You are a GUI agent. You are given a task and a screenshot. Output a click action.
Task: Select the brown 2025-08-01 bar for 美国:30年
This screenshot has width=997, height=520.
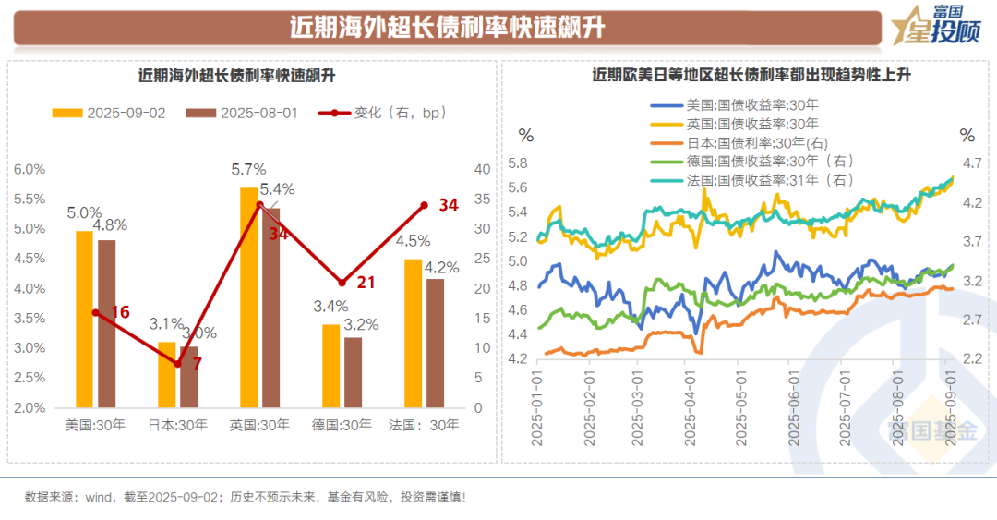pyautogui.click(x=107, y=323)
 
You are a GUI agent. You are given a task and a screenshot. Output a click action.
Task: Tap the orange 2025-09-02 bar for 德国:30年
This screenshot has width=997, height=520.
pyautogui.click(x=330, y=366)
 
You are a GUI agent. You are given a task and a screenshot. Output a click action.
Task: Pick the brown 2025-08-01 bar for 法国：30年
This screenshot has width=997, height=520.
pyautogui.click(x=435, y=343)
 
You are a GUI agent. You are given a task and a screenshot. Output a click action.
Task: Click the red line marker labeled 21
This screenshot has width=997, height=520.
pyautogui.click(x=342, y=282)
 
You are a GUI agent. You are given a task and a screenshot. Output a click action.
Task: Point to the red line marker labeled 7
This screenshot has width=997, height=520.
pyautogui.click(x=177, y=364)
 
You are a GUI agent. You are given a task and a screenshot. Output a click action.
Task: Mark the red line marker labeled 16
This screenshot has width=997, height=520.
pyautogui.click(x=95, y=312)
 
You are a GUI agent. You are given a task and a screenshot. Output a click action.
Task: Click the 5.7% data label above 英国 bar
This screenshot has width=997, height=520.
pyautogui.click(x=248, y=170)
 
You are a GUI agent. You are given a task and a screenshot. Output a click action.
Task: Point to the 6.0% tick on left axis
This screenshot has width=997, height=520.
pyautogui.click(x=30, y=169)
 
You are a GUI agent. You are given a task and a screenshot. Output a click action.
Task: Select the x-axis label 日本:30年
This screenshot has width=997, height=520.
pyautogui.click(x=178, y=425)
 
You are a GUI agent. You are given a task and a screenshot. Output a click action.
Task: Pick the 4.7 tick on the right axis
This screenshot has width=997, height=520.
pyautogui.click(x=971, y=163)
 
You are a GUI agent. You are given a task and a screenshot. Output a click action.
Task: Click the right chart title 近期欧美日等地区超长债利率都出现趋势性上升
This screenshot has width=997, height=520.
pyautogui.click(x=751, y=75)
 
